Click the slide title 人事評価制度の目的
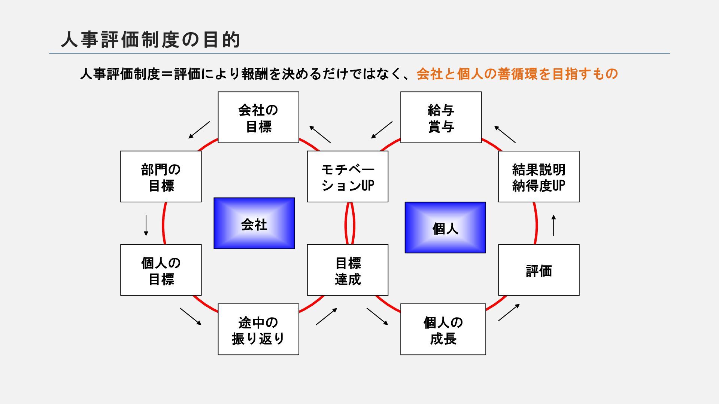point(150,40)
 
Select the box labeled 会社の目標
point(258,117)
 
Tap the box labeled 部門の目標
point(161,177)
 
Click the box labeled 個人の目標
point(161,270)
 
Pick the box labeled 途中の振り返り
point(258,329)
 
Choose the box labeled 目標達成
point(348,270)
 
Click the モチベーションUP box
point(348,177)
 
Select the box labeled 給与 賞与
point(441,117)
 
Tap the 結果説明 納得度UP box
point(539,177)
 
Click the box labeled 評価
point(539,270)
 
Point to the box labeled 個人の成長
point(443,329)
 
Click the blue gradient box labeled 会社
point(254,223)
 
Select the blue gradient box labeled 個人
point(445,227)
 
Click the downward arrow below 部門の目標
point(146,225)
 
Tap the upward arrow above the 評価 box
point(553,225)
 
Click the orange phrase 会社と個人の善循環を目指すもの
point(517,74)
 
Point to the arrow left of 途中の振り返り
point(191,316)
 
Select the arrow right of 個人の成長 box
point(509,312)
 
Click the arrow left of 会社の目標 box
point(199,130)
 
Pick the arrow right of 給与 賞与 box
point(505,134)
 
